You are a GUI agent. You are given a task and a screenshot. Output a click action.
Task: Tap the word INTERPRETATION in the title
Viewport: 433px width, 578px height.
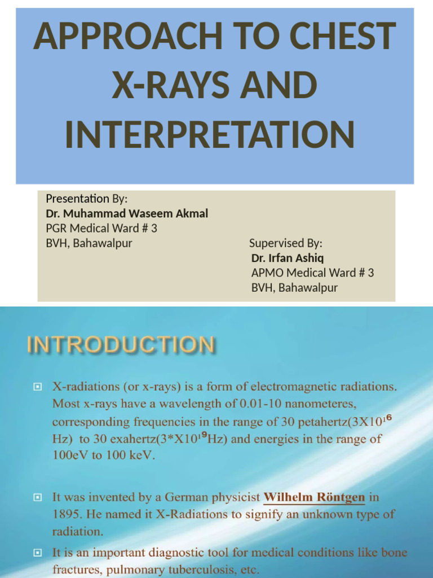tap(210, 135)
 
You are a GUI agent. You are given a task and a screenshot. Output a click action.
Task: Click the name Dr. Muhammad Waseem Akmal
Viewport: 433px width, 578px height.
tap(127, 213)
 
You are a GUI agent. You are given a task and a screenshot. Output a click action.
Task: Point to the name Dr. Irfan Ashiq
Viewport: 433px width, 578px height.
tap(288, 259)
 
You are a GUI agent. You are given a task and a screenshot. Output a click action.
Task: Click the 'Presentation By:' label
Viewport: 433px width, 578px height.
tap(87, 199)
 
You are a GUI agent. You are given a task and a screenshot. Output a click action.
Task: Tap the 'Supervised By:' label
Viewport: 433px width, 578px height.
tap(286, 244)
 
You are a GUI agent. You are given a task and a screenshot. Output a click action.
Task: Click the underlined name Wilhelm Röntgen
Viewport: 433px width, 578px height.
tap(315, 498)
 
